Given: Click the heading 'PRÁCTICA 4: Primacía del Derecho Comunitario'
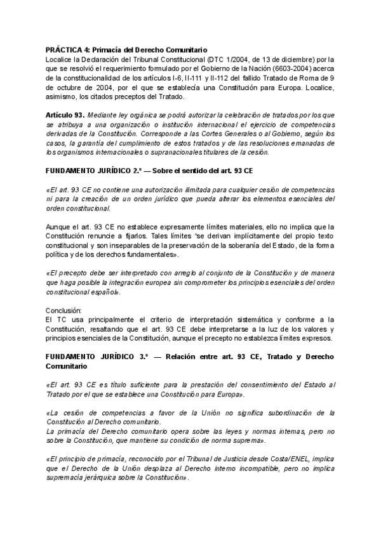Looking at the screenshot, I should (x=126, y=49).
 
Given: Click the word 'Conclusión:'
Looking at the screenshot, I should (x=64, y=310).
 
